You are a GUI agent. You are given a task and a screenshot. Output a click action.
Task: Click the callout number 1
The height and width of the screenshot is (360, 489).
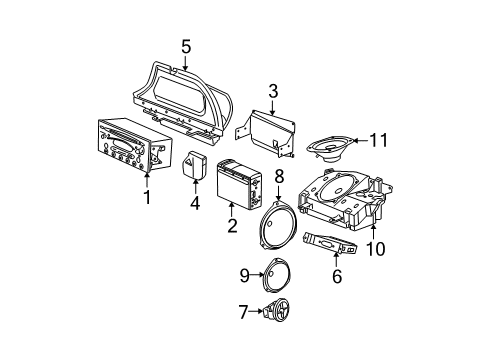[147, 198]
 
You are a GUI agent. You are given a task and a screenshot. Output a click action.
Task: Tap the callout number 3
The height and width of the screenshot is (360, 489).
[272, 89]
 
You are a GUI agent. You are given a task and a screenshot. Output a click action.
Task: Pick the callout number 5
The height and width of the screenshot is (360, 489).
[184, 45]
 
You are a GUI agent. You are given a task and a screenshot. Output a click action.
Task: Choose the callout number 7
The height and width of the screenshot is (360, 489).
[243, 313]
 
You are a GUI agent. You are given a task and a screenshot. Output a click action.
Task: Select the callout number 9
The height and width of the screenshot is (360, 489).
[243, 273]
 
